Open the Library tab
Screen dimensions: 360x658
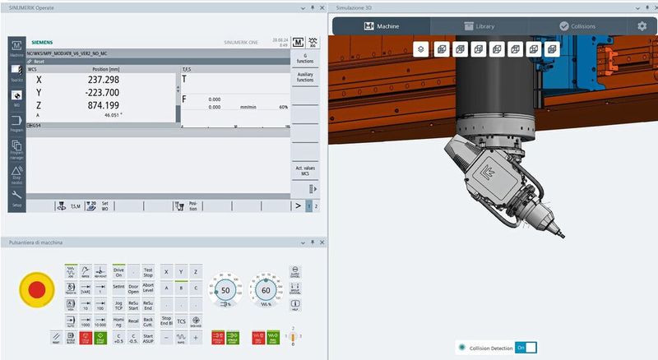coord(476,26)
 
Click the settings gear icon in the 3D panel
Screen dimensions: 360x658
coord(642,26)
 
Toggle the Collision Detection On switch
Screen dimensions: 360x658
coord(526,348)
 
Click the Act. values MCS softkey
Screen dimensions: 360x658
coord(305,170)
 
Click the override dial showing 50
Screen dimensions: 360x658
coord(225,290)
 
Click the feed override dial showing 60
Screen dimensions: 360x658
coord(265,290)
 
